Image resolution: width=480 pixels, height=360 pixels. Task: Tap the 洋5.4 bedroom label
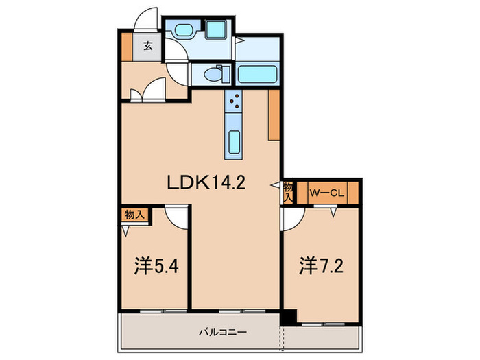click(x=157, y=265)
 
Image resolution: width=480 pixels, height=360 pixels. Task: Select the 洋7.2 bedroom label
click(x=320, y=264)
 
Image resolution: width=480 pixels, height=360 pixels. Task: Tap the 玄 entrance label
click(x=147, y=47)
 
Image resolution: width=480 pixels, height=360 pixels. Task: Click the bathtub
click(x=258, y=73)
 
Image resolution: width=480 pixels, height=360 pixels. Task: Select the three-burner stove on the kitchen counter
click(x=233, y=101)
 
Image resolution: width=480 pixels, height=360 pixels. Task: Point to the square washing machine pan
click(x=218, y=31)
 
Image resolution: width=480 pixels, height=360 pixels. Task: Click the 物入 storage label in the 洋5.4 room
click(x=134, y=214)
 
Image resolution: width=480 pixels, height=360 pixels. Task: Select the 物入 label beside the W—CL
click(x=289, y=191)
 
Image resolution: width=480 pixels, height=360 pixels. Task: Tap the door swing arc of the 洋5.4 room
click(x=177, y=217)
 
